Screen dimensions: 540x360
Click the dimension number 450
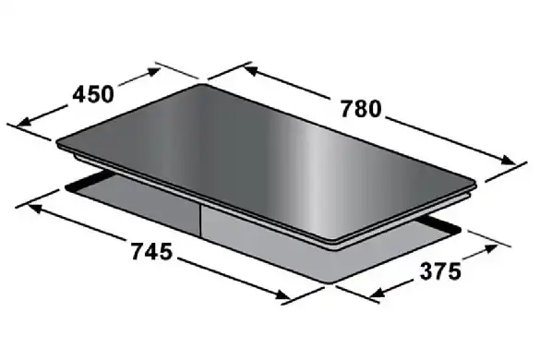tap(93, 94)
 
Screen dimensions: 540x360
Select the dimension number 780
tap(361, 109)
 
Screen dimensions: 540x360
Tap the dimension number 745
tap(151, 251)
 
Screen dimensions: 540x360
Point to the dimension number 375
tap(440, 271)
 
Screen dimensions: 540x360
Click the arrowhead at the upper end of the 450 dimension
tap(153, 72)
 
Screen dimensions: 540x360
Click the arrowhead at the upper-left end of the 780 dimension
tap(251, 71)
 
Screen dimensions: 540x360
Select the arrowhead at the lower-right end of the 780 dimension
tap(508, 160)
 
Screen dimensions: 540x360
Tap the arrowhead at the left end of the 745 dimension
tap(35, 208)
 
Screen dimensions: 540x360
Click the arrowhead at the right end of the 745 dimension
tap(283, 294)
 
